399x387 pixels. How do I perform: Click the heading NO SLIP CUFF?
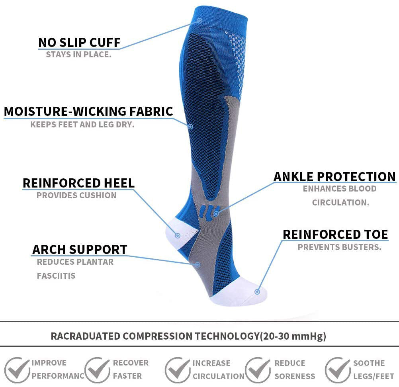coord(79,43)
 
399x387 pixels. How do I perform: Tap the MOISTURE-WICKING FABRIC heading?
coord(88,111)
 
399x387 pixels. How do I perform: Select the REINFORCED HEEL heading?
coord(78,183)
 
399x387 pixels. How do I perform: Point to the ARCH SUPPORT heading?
coord(80,250)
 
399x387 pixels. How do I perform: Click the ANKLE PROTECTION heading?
coord(334,177)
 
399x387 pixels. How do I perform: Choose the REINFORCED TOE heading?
coord(335,235)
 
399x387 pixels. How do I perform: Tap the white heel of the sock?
coord(180,233)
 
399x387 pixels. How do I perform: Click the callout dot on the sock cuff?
coord(200,21)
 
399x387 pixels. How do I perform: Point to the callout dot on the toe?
coord(257,291)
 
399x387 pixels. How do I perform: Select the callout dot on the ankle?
coord(216,214)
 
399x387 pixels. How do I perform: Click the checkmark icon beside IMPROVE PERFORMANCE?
coord(17,370)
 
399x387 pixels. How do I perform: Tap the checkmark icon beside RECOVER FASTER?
coord(97,370)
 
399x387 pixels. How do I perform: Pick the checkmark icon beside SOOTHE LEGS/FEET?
coord(338,370)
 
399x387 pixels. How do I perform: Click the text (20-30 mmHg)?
coord(293,336)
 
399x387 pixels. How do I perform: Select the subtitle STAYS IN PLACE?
coord(78,55)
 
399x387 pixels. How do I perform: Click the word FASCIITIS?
coord(56,276)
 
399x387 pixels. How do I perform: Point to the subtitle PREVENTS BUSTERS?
coord(340,247)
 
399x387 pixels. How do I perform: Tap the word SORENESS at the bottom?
coord(295,376)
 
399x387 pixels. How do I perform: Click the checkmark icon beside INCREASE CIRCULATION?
coord(177,370)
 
